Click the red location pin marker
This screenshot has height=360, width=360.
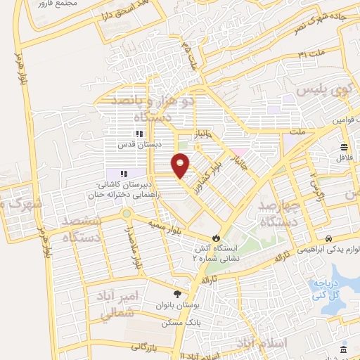[181, 165]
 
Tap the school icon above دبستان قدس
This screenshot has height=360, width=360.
[139, 134]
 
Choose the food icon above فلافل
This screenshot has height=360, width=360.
[344, 147]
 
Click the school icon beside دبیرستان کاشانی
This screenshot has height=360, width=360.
[123, 174]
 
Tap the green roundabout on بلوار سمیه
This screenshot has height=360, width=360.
[126, 213]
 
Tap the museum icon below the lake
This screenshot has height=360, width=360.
[343, 350]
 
